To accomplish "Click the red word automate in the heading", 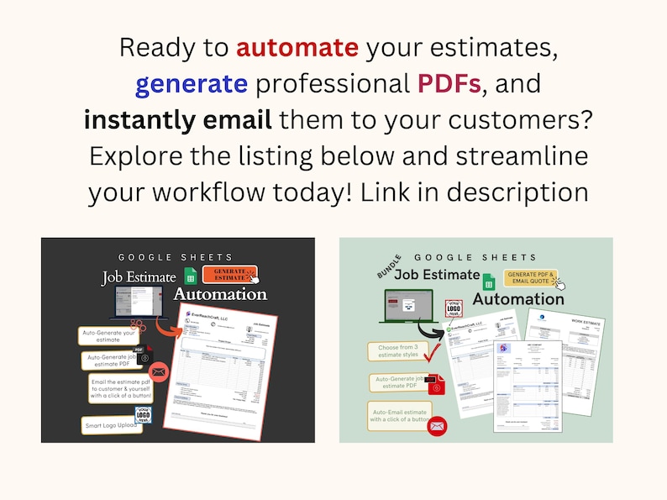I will coord(297,47).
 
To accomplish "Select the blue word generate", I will coord(192,83).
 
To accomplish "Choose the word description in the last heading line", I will coord(516,192).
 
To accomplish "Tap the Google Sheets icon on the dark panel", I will coord(191,277).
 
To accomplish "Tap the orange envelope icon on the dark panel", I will coord(159,372).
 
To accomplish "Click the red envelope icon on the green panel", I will coord(436,426).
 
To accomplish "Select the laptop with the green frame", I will coord(407,308).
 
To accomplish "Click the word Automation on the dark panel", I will coord(220,295).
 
